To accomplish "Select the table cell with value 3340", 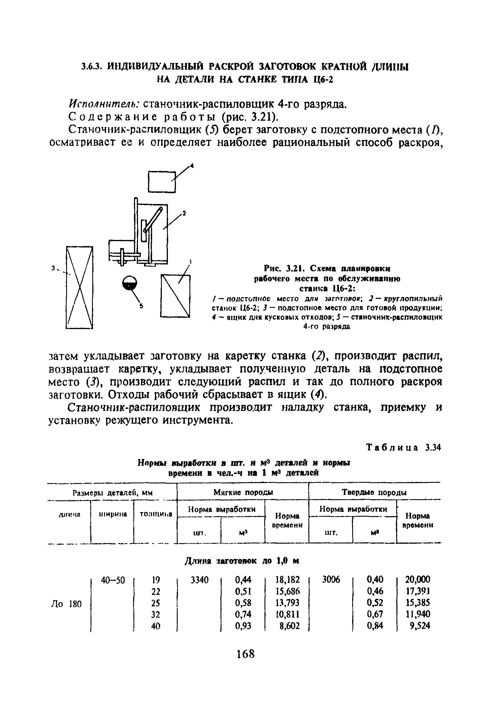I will (x=200, y=580).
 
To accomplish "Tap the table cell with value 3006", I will (x=331, y=580).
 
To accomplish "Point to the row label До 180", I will (x=66, y=604).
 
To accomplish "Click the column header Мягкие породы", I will (x=243, y=492).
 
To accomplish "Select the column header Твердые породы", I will (x=374, y=492).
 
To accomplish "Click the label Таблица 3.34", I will (x=403, y=448).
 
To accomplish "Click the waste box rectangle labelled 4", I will (x=162, y=182).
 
